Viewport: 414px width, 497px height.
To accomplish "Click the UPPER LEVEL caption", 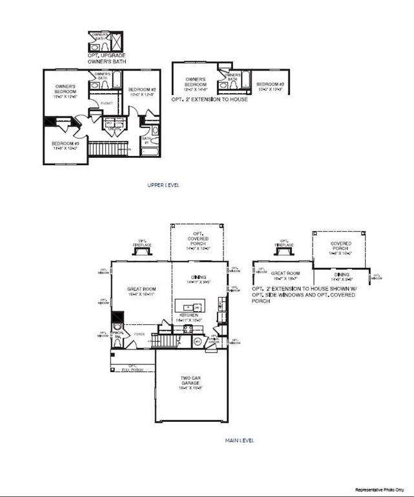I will click(x=163, y=185).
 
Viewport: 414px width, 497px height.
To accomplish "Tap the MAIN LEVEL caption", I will click(x=240, y=440).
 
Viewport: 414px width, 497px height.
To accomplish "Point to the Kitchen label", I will click(x=189, y=317).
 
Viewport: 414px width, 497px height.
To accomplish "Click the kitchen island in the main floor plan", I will click(x=189, y=306).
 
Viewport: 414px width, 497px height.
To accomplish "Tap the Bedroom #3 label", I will click(x=65, y=145).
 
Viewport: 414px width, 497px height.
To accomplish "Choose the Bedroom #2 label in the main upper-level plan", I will click(x=142, y=92).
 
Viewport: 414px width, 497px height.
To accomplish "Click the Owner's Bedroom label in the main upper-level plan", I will click(x=65, y=91).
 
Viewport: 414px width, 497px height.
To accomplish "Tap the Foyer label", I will click(x=139, y=335).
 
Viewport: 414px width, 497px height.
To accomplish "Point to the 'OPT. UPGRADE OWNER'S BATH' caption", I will click(x=107, y=59).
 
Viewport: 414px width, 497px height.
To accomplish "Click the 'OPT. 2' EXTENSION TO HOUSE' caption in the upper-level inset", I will click(x=209, y=100).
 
